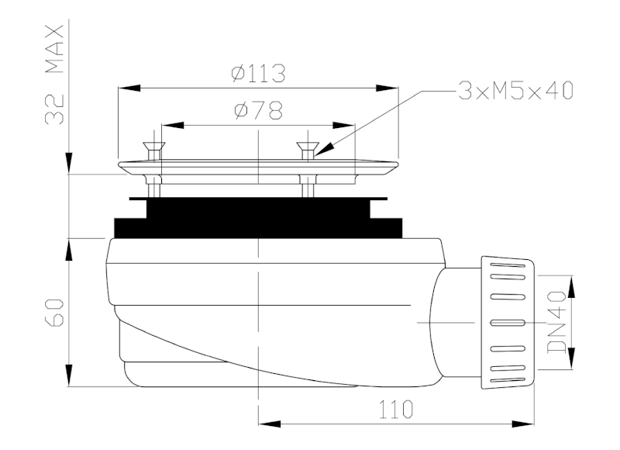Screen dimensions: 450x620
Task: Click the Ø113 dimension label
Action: click(x=258, y=74)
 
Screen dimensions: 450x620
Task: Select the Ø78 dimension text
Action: click(x=257, y=111)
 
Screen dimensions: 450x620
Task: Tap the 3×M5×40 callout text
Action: click(x=515, y=92)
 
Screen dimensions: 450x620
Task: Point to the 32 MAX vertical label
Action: click(x=54, y=74)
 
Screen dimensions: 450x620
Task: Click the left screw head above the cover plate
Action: click(x=153, y=146)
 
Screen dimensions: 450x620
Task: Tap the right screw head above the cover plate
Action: click(x=308, y=146)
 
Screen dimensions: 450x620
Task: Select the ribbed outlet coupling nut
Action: click(x=508, y=321)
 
